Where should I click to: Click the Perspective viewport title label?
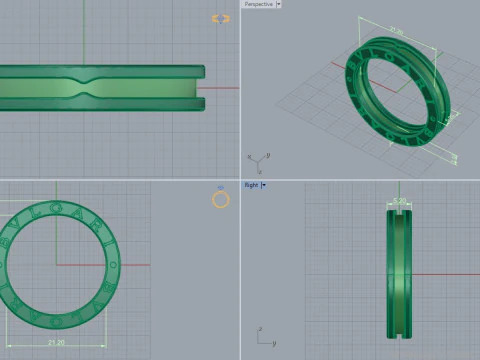pos(257,4)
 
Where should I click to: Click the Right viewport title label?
pos(252,185)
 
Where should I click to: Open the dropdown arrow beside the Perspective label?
pos(278,4)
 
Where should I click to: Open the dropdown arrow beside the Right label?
pos(264,185)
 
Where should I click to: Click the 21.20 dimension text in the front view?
pos(57,342)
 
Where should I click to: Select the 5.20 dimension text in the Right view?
pos(399,201)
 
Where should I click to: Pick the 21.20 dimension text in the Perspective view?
pos(396,32)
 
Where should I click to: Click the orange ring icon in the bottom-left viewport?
pos(221,199)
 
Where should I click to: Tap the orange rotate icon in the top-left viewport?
pos(221,18)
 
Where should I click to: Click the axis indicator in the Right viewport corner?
pos(264,337)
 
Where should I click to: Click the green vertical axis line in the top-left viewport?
pos(83,30)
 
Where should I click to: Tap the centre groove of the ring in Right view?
pos(399,270)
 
